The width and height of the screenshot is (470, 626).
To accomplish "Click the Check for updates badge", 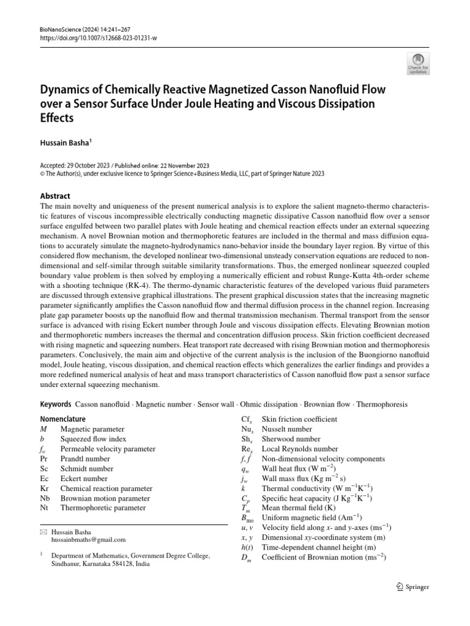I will click(x=419, y=63).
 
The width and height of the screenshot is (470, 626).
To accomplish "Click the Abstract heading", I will click(x=56, y=196).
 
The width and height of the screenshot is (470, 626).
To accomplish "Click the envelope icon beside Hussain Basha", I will click(x=43, y=532).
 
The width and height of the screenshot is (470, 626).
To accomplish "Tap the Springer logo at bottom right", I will click(x=413, y=587).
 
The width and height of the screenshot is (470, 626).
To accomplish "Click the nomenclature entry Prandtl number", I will click(x=86, y=458).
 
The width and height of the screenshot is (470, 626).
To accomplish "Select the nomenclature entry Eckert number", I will click(x=84, y=479).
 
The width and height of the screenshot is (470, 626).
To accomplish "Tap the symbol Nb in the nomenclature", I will click(x=44, y=498).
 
